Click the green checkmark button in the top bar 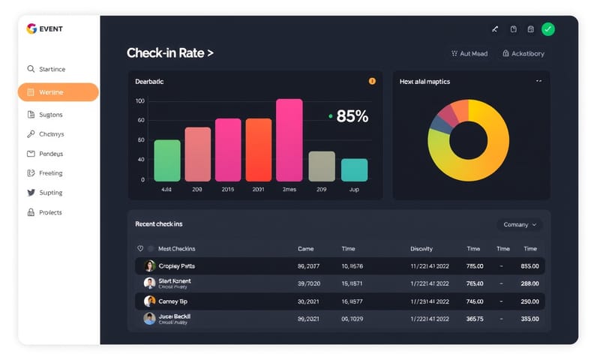548,29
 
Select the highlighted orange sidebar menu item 58,92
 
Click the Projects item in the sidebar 50,212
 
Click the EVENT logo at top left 45,28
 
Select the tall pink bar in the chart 289,140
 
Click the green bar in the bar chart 167,160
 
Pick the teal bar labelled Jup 354,169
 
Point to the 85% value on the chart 352,116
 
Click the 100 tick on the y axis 140,100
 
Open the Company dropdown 519,224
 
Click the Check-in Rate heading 170,53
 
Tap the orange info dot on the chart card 372,81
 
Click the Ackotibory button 523,54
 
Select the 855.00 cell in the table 529,265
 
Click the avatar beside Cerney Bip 150,301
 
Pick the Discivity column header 421,248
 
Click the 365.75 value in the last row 475,318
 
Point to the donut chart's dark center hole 469,140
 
